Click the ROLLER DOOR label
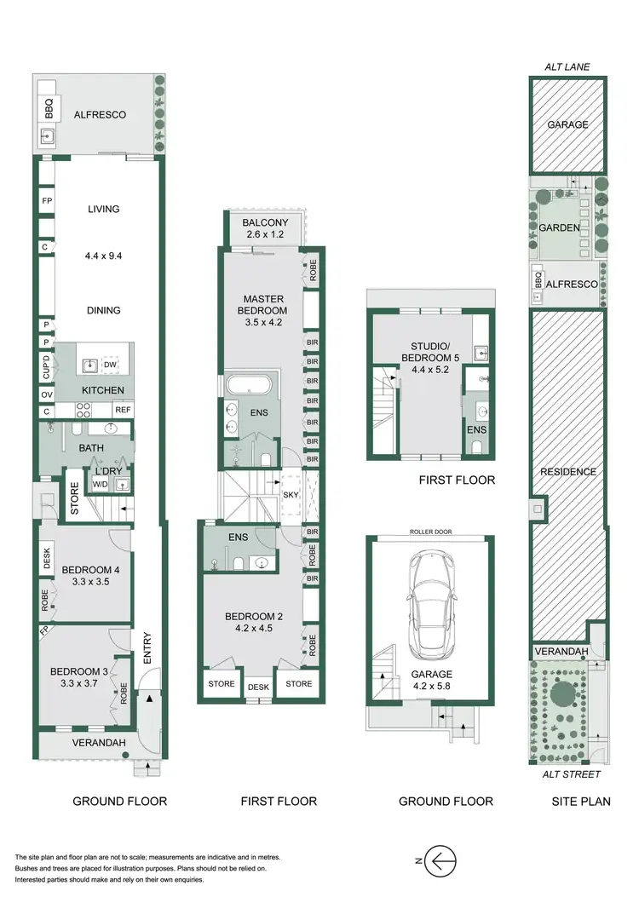(430, 532)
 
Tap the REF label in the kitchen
(122, 410)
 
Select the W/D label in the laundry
(99, 485)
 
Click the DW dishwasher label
(110, 365)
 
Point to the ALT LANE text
(568, 66)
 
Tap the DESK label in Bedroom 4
(47, 559)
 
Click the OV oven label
(46, 394)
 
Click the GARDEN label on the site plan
(559, 227)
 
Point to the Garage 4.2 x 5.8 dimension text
(430, 682)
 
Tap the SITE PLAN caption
(579, 801)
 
